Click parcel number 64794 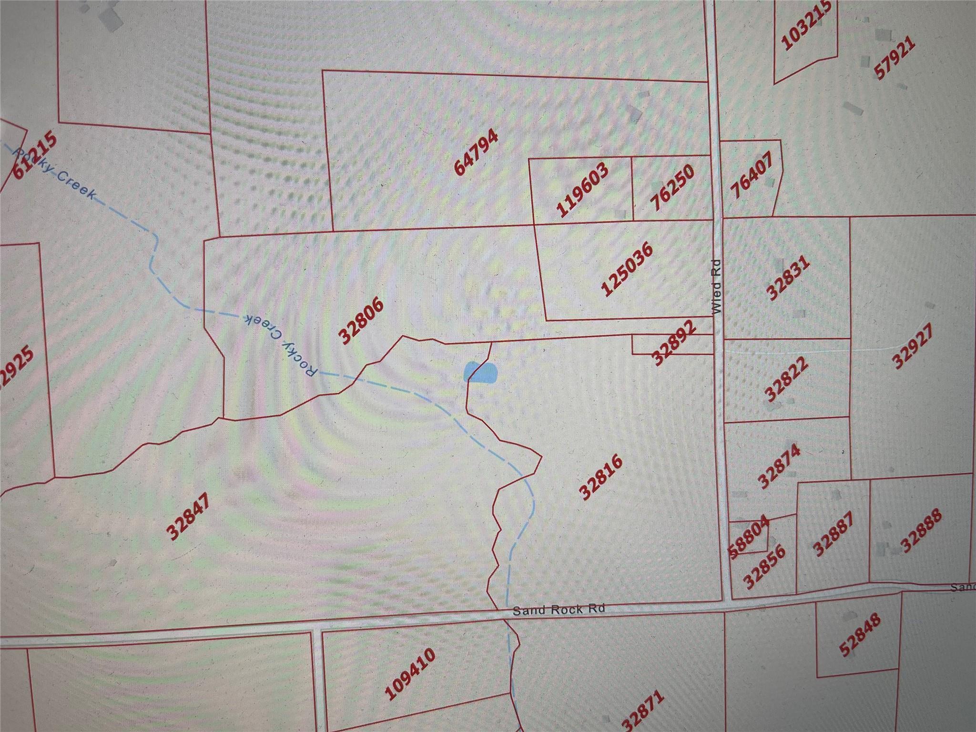(x=477, y=152)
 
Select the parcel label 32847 (x=190, y=517)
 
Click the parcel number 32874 (x=780, y=466)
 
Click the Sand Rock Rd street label (x=558, y=610)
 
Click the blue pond (x=480, y=372)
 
